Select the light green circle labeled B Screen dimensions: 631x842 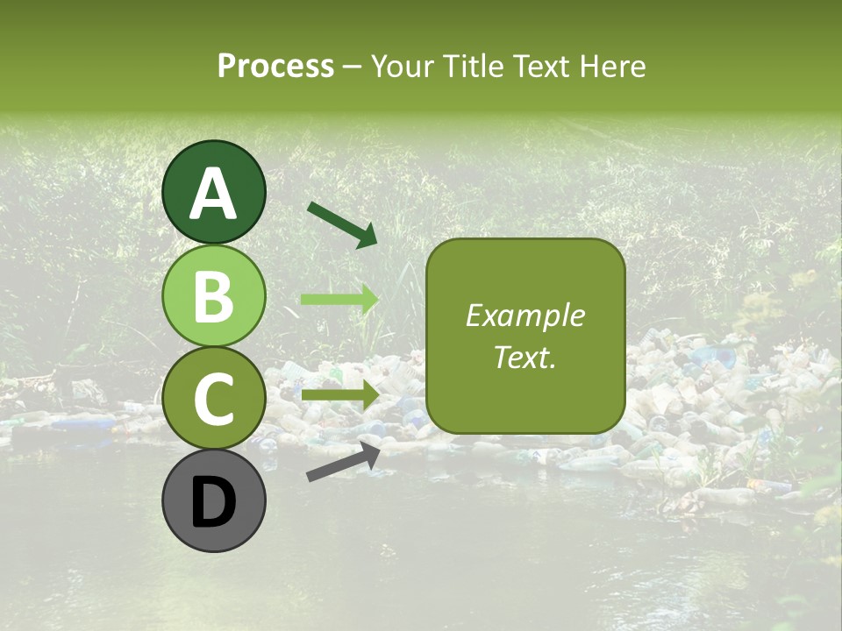pyautogui.click(x=214, y=295)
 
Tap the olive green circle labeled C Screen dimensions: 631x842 pyautogui.click(x=214, y=398)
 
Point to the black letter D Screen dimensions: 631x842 pyautogui.click(x=214, y=503)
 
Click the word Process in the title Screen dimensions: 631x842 pyautogui.click(x=275, y=66)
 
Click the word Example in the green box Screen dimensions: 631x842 pyautogui.click(x=524, y=315)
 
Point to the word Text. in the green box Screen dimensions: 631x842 pyautogui.click(x=524, y=358)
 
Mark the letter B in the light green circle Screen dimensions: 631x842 pyautogui.click(x=214, y=296)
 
